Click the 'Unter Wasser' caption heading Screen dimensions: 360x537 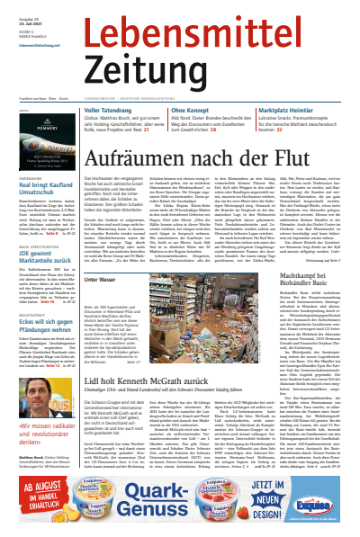click(100, 280)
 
